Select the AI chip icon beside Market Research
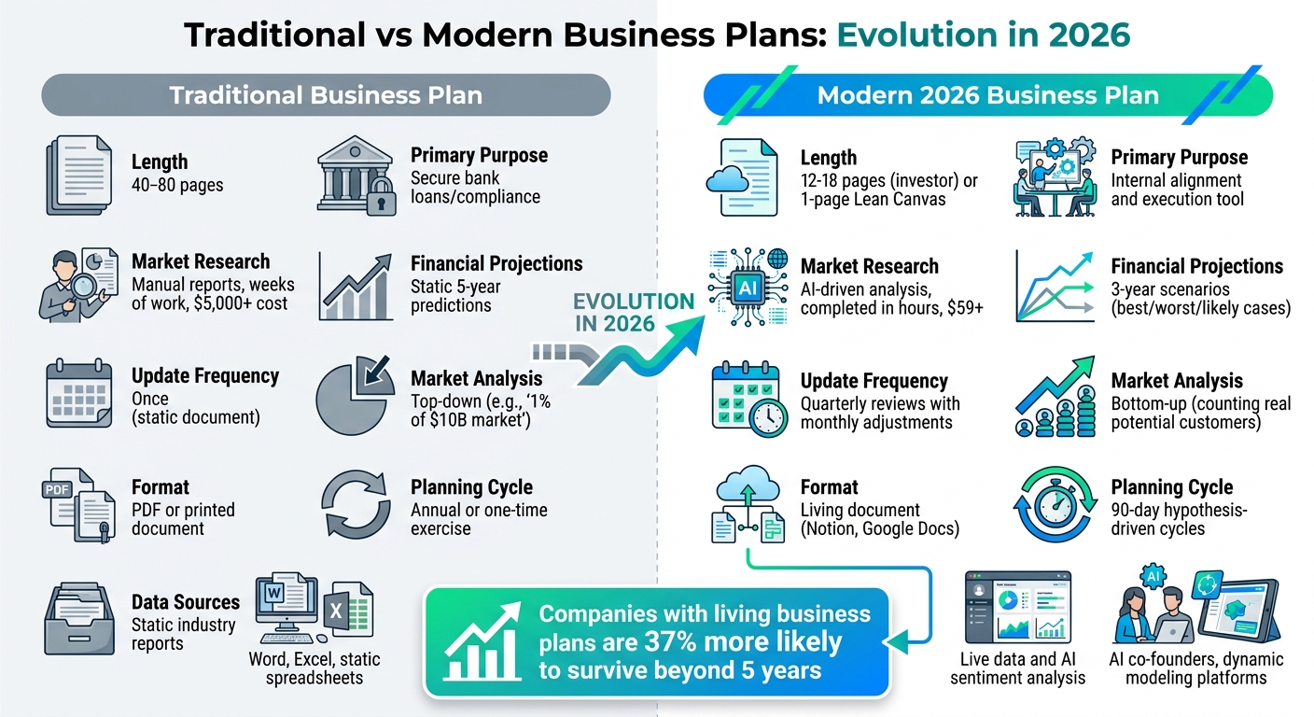click(x=748, y=287)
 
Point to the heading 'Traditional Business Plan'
click(x=326, y=94)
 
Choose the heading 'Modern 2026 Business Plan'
click(x=987, y=94)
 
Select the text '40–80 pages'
click(x=177, y=184)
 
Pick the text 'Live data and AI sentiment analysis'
click(x=1017, y=668)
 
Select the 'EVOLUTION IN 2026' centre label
click(x=633, y=312)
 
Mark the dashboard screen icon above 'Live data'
click(x=1017, y=606)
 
